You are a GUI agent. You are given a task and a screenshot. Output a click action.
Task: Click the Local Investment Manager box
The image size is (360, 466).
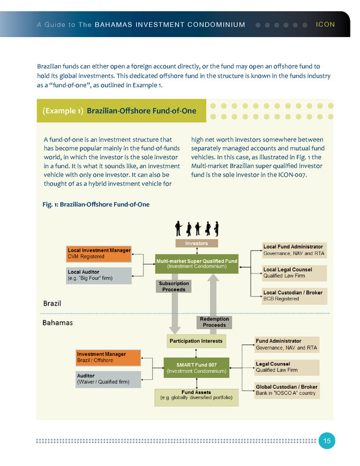(x=99, y=254)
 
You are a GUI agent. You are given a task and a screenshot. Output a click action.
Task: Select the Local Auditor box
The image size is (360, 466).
(x=99, y=275)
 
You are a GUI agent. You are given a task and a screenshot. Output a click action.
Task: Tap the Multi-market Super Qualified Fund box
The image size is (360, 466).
(x=196, y=263)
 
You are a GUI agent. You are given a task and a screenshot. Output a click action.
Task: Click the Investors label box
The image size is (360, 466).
(x=196, y=243)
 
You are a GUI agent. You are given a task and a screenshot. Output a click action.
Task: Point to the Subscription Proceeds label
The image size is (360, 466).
(x=174, y=286)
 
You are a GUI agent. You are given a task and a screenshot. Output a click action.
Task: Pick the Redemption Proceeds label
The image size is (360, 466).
(x=214, y=322)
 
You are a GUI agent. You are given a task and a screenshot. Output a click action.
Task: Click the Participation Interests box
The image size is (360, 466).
(x=196, y=341)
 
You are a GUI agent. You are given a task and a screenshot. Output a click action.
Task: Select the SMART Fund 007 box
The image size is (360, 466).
(x=196, y=368)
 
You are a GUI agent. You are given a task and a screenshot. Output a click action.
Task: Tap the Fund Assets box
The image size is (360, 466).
(x=196, y=397)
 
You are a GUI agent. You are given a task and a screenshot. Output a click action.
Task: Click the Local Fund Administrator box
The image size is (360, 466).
(x=292, y=250)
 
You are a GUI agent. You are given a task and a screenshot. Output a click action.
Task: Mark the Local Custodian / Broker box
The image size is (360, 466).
(x=292, y=296)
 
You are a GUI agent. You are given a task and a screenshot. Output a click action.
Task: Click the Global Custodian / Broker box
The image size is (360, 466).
(x=286, y=390)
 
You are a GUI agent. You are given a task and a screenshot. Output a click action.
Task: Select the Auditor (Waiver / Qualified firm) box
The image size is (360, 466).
(x=107, y=379)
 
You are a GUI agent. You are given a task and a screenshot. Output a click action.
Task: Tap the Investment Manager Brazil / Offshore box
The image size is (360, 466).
(x=108, y=357)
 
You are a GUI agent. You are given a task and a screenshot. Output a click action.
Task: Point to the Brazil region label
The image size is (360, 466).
(x=52, y=303)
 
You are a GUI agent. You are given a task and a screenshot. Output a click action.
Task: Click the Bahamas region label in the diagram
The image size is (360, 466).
(x=57, y=323)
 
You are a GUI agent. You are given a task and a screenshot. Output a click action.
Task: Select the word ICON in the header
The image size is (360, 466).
(x=326, y=25)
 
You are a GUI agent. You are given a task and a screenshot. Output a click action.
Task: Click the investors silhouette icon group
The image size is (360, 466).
(x=196, y=228)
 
